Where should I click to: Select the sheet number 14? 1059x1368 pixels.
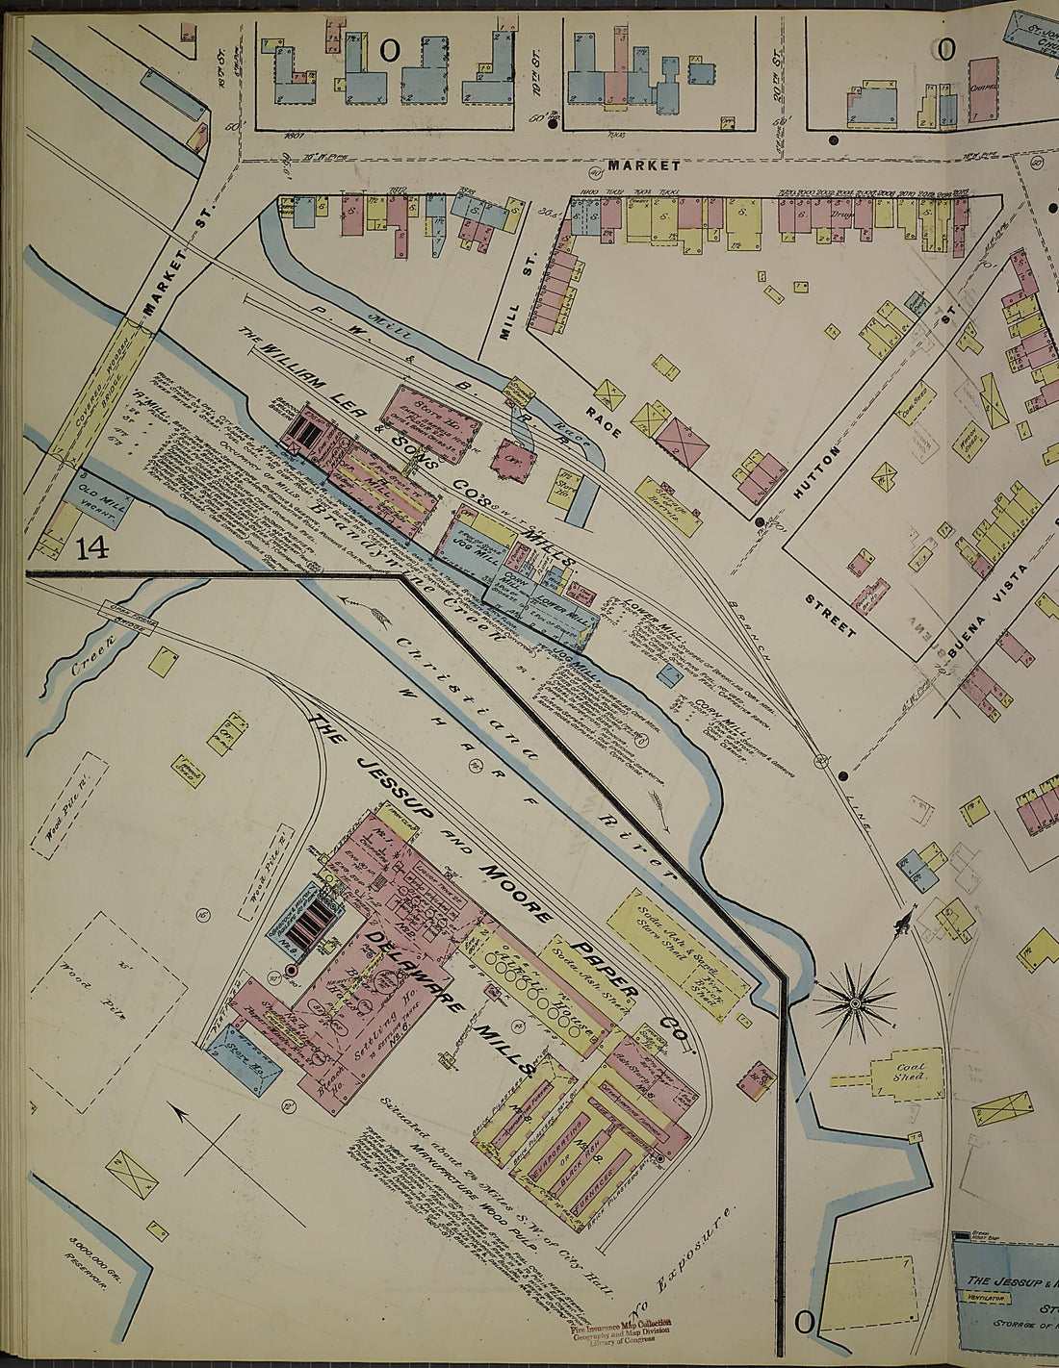(92, 549)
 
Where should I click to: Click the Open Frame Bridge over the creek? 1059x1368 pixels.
(125, 615)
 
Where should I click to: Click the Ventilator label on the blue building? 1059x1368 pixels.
(984, 1297)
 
